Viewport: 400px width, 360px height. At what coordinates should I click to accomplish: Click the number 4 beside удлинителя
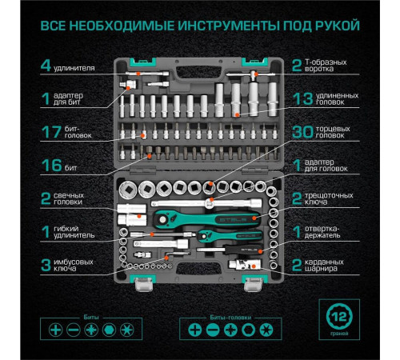46,64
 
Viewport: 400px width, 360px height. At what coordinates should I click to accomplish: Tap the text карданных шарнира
327,267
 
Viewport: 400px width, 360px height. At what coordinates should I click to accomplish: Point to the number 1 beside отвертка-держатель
297,233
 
